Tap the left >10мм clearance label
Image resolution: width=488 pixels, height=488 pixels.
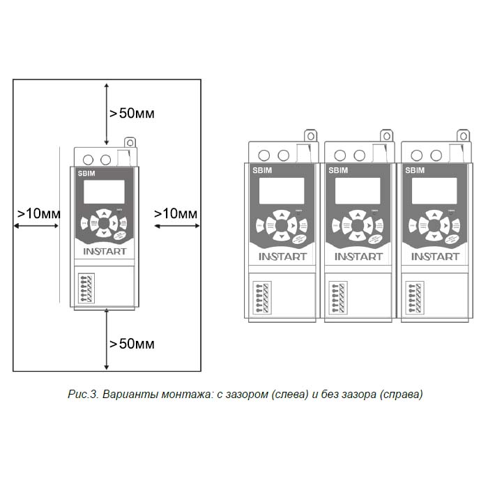tap(38, 213)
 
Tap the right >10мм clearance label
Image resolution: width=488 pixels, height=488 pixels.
tap(176, 213)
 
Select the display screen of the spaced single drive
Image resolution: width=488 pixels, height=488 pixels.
tap(103, 191)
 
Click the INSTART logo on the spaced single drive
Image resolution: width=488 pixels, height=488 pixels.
tap(105, 251)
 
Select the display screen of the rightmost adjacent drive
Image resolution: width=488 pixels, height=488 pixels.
tap(434, 190)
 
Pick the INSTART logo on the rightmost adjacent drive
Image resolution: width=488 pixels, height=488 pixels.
tap(434, 257)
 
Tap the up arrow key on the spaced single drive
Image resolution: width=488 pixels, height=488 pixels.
tap(103, 213)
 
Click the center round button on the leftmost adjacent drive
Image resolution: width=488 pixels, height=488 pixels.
tap(281, 226)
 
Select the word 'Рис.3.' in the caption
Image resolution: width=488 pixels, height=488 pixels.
tap(83, 395)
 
